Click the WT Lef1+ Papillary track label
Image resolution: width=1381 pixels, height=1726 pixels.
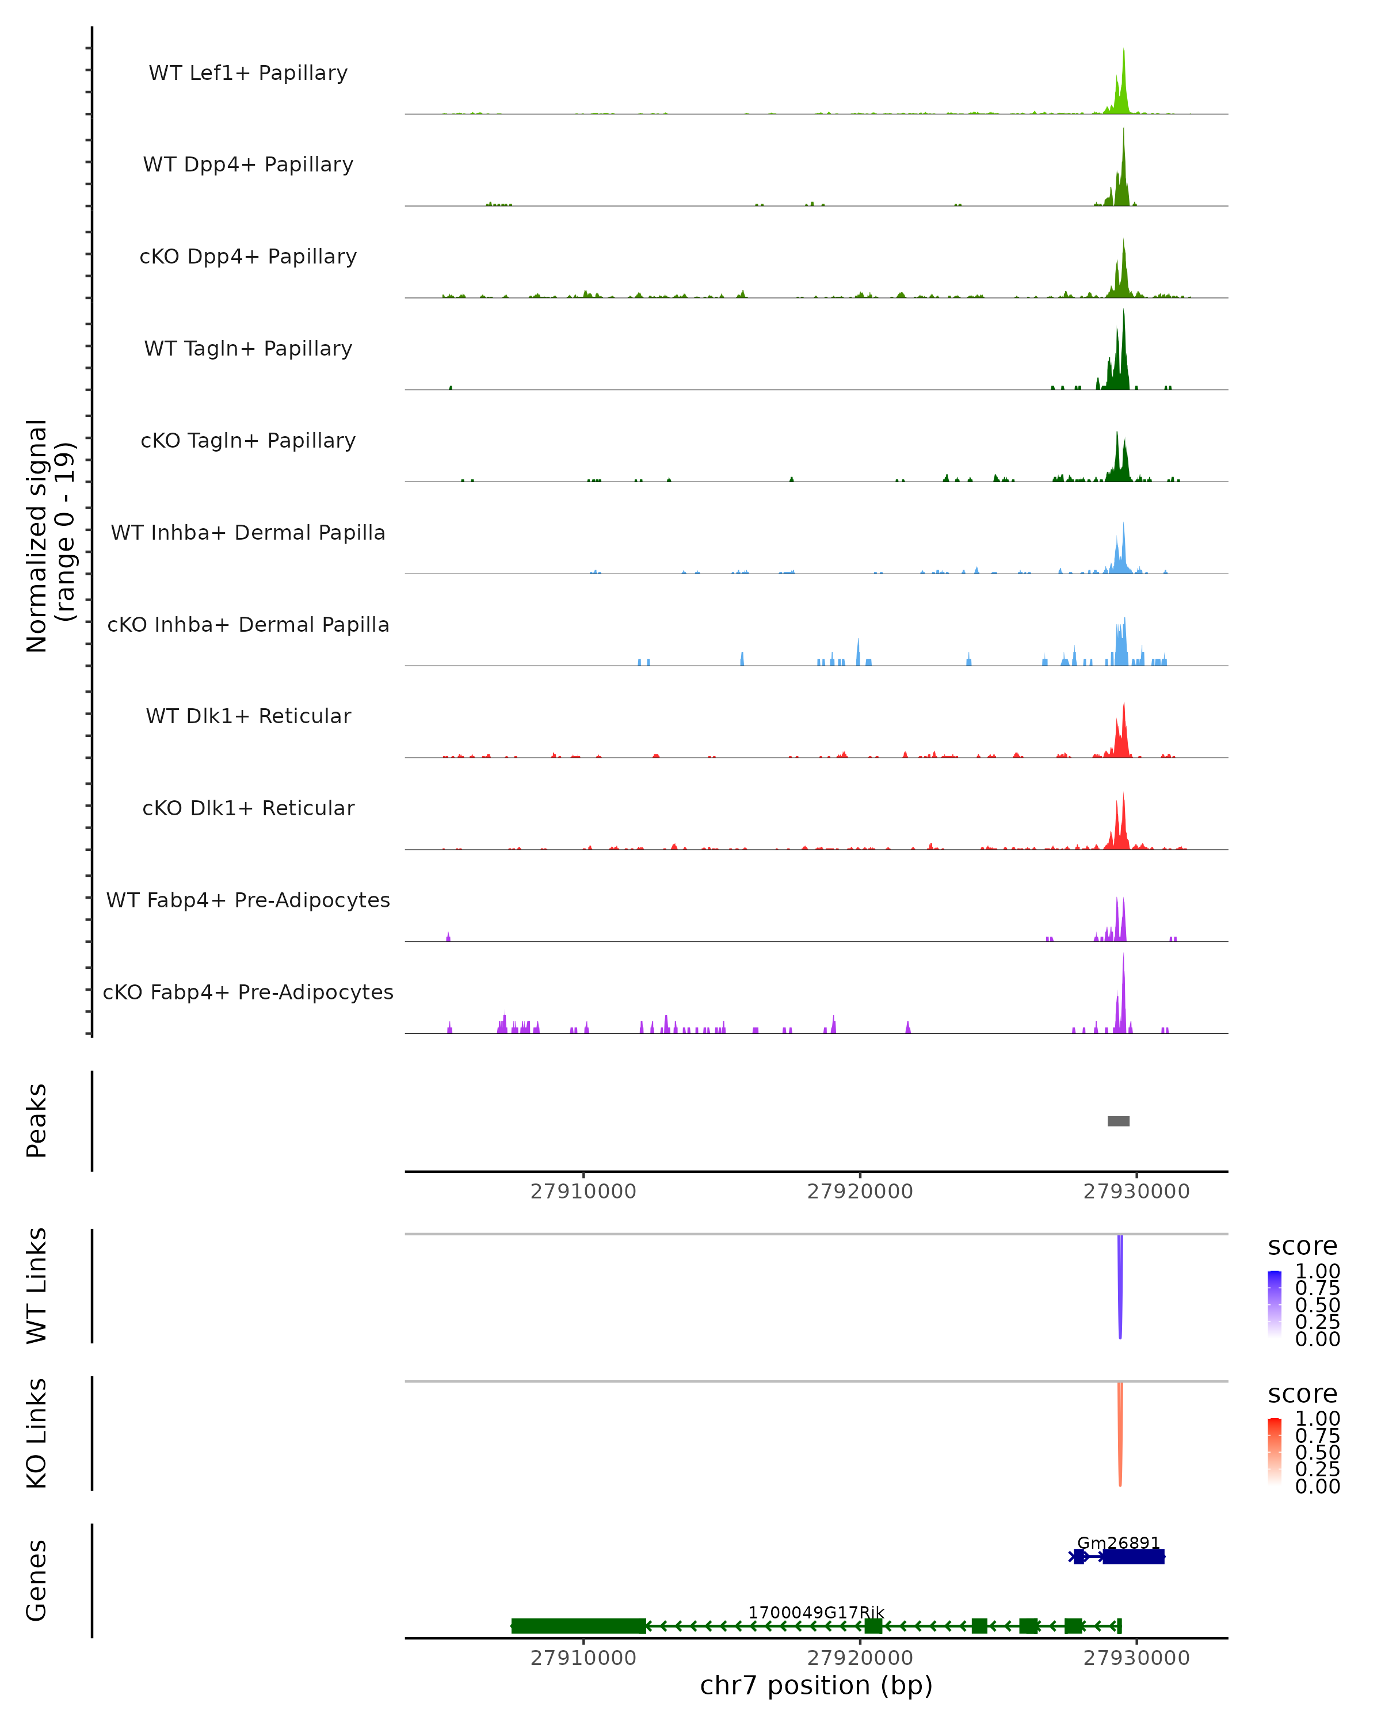248,73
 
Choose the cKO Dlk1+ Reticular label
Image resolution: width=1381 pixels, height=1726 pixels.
248,808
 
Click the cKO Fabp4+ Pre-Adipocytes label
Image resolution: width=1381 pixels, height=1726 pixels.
248,992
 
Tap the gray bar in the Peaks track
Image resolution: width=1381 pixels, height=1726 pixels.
1119,1121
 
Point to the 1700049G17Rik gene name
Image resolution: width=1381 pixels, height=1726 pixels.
816,1612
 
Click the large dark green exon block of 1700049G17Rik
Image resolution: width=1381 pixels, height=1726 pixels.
578,1626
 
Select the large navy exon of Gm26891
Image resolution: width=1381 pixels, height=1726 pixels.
1133,1556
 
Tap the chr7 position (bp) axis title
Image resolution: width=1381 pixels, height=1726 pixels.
816,1685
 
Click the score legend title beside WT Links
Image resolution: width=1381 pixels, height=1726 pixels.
1302,1246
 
